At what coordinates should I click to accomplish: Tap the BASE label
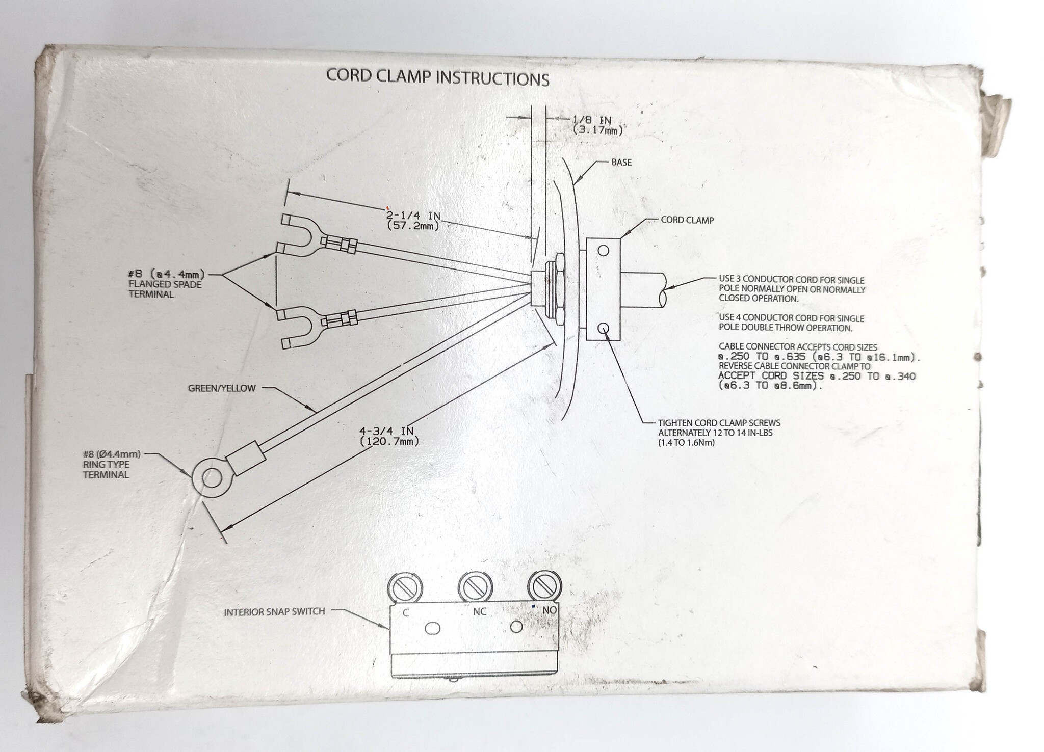(x=621, y=163)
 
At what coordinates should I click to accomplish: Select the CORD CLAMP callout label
(x=687, y=220)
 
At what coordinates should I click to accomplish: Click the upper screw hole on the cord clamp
(x=603, y=250)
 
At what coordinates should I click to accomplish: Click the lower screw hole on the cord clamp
(x=603, y=328)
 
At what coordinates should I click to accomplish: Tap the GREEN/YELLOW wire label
(x=222, y=388)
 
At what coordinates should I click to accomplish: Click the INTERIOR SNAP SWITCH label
(x=274, y=611)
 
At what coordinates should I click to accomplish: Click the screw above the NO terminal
(x=543, y=586)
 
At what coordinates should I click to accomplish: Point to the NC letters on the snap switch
(x=479, y=611)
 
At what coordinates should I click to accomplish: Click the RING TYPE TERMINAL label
(x=106, y=469)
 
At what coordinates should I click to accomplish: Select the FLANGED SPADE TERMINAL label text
(x=165, y=289)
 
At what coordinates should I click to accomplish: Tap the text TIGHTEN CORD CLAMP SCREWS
(x=719, y=423)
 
